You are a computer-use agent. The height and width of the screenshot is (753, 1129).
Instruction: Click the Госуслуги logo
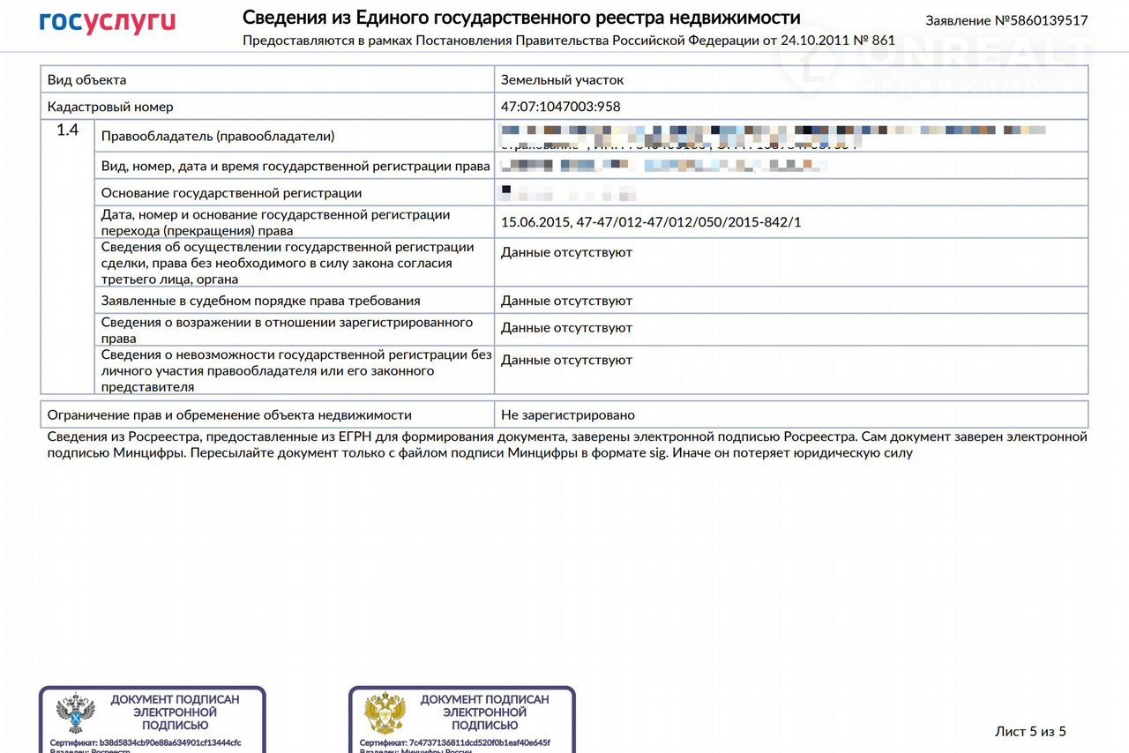(x=108, y=22)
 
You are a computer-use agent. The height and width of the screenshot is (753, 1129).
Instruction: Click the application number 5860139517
(x=1006, y=20)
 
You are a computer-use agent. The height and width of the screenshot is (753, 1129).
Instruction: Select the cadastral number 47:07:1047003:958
(x=560, y=107)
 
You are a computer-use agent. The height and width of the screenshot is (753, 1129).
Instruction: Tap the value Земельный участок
(x=562, y=79)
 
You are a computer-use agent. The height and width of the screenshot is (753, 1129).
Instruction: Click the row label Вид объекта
(x=86, y=79)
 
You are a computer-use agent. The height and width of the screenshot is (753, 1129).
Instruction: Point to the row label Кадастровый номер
(x=110, y=107)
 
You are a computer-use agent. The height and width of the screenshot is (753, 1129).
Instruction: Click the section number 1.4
(x=68, y=130)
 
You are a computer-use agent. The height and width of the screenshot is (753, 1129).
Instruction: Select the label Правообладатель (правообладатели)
(x=218, y=136)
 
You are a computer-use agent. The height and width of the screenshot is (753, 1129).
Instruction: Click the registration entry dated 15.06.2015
(x=650, y=222)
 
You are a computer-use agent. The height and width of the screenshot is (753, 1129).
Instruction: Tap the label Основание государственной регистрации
(x=231, y=192)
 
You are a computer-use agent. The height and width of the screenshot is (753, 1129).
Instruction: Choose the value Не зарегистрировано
(x=567, y=414)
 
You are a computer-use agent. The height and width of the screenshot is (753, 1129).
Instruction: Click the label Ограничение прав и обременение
(x=229, y=414)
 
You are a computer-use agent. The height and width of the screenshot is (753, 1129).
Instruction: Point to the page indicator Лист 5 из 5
(x=1030, y=731)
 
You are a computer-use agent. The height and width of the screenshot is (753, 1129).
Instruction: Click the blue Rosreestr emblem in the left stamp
(x=76, y=714)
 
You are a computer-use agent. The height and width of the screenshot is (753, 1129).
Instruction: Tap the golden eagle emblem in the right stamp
(x=385, y=714)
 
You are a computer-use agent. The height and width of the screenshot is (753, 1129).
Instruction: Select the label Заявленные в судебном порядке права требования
(x=260, y=301)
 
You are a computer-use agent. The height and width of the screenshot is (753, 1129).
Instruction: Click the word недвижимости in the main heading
(x=740, y=18)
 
